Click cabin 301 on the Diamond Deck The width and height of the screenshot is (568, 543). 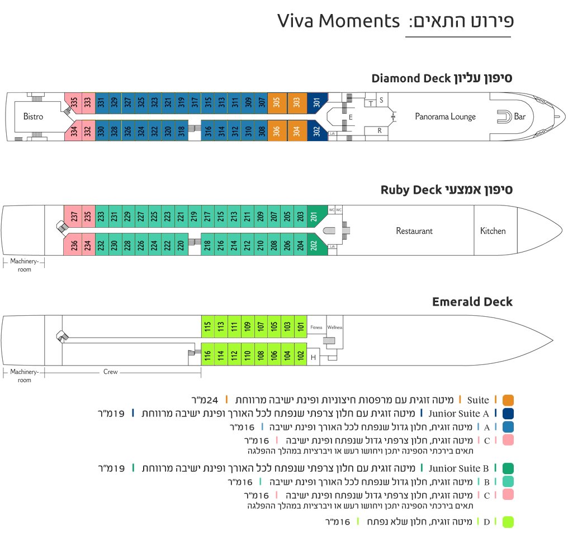(317, 103)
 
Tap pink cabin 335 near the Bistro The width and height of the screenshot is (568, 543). (74, 103)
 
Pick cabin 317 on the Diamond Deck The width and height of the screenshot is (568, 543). (195, 103)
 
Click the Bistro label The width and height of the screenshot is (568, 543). (33, 116)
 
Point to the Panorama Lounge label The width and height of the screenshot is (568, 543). (445, 116)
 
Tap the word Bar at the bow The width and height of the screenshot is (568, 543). (519, 116)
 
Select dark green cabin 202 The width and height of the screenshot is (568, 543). (314, 245)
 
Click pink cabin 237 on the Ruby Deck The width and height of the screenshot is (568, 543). (74, 216)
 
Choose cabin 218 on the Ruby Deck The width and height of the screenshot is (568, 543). (207, 245)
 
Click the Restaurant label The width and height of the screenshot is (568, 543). (414, 231)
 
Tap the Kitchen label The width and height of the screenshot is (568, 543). (493, 231)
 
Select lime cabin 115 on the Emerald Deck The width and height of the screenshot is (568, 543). (207, 326)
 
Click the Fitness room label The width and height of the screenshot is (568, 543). (316, 327)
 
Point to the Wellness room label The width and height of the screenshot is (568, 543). (335, 327)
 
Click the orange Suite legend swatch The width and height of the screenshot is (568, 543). (508, 400)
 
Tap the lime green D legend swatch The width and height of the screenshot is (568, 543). (508, 522)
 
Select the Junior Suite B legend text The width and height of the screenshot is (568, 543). (458, 469)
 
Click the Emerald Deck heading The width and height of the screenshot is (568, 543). (472, 302)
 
